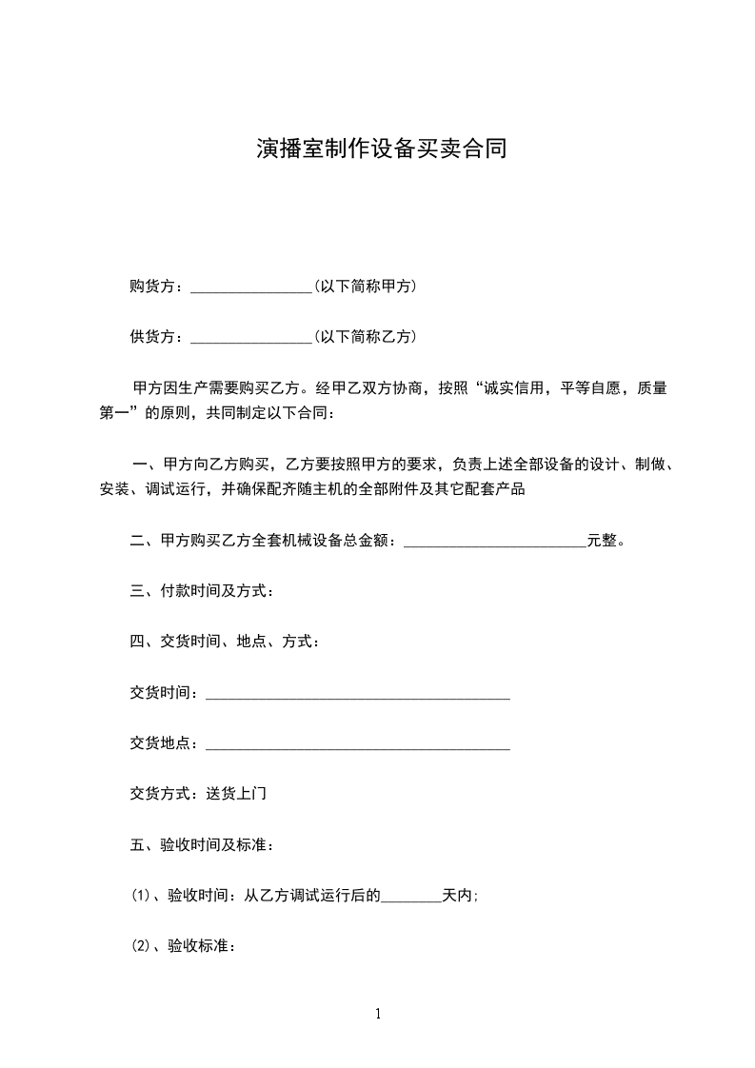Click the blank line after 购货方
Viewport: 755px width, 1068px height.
tap(251, 287)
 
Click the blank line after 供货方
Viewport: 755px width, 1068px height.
tap(251, 337)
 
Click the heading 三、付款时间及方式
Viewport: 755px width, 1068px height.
tap(203, 592)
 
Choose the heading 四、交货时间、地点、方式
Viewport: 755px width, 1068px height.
tap(225, 642)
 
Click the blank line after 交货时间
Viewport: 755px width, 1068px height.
tap(358, 695)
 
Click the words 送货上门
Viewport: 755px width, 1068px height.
tap(236, 793)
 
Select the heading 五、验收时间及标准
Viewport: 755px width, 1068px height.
tap(203, 844)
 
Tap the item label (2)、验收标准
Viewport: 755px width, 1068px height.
tap(183, 946)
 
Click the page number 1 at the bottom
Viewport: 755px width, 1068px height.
tap(378, 1014)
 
